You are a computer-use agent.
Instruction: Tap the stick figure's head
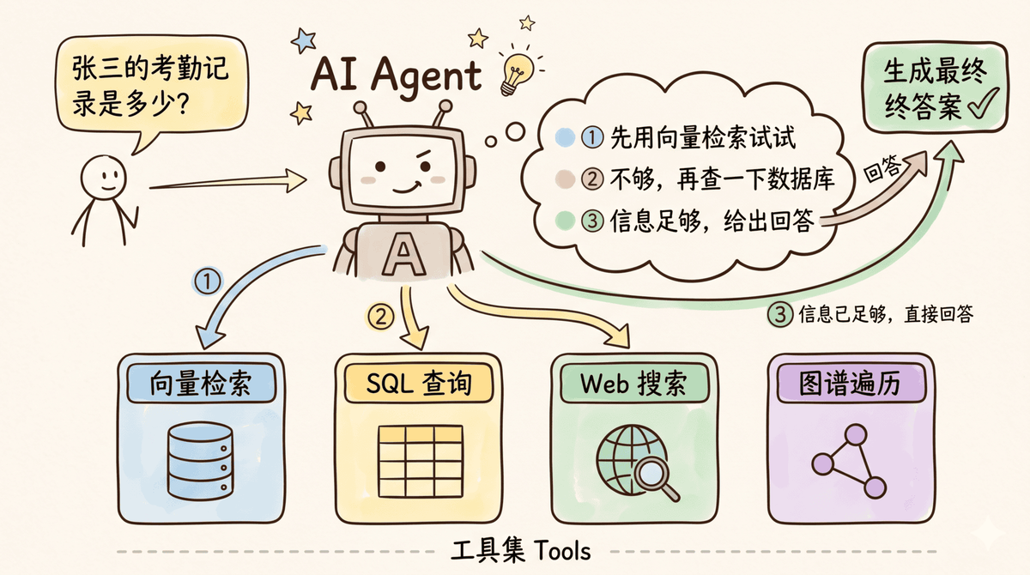point(104,178)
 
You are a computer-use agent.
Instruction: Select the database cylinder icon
point(200,462)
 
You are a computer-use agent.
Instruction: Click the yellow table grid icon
point(421,461)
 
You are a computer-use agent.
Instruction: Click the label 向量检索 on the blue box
point(201,384)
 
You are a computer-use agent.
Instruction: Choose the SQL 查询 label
point(419,384)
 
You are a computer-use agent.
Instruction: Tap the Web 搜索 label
point(633,384)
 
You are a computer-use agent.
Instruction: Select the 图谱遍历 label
point(850,384)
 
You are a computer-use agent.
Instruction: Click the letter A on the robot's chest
point(403,254)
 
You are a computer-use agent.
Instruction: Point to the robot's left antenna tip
point(360,108)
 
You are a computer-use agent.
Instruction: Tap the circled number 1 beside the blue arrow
point(207,281)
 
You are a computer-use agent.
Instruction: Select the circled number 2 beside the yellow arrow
point(380,317)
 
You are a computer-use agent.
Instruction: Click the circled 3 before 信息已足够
point(780,315)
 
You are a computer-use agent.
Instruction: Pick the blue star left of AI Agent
point(304,40)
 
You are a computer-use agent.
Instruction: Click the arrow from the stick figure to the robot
point(228,182)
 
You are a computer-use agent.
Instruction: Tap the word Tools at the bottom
point(562,551)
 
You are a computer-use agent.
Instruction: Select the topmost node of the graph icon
point(856,434)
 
